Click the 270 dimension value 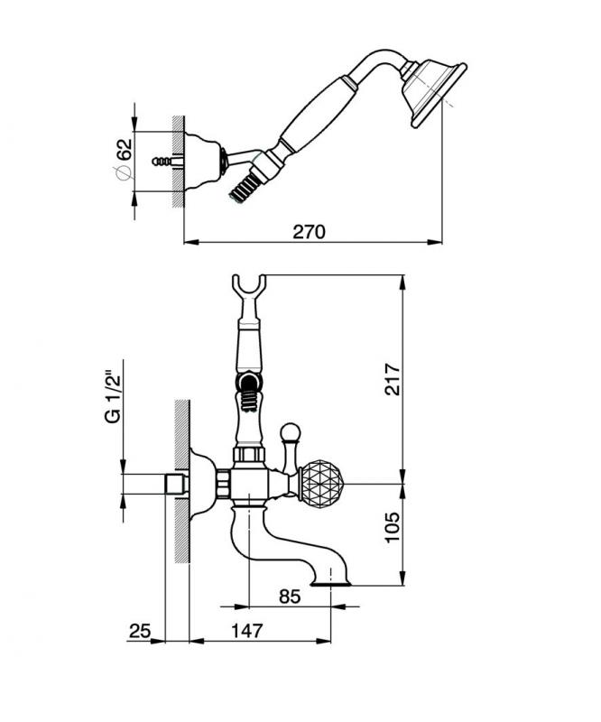(309, 231)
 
